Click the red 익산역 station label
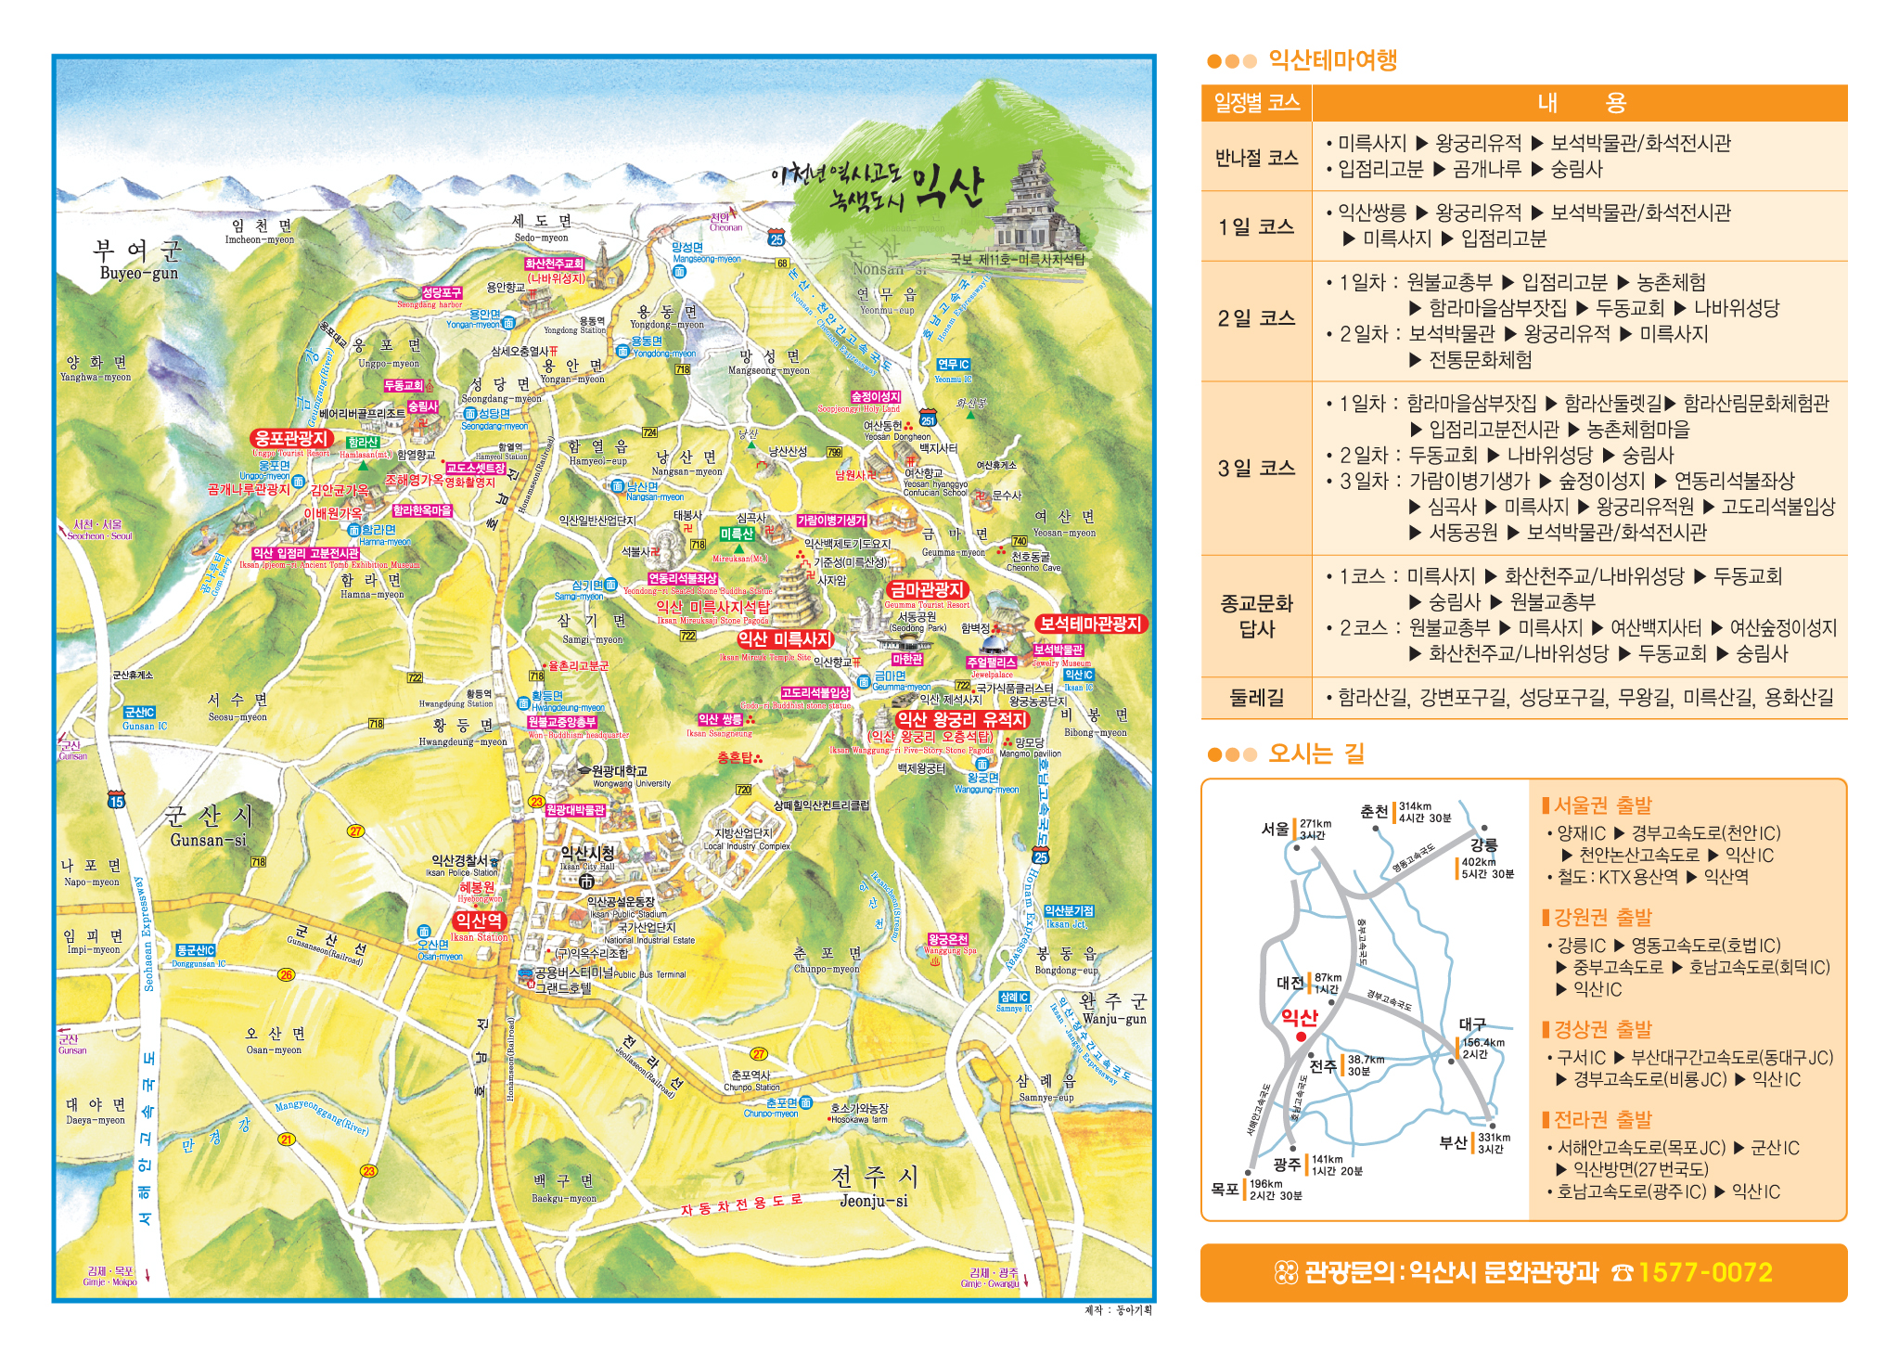[479, 921]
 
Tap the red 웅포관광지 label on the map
[291, 438]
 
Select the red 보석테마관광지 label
[1090, 624]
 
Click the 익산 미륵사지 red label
[785, 639]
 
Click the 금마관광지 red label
[927, 589]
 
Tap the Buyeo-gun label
[138, 273]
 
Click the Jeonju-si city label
[873, 1201]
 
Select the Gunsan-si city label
[208, 840]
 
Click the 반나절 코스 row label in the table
[1256, 158]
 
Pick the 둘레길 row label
[1256, 698]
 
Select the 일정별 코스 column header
[1256, 103]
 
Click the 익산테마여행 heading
[1332, 60]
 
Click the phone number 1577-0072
[1705, 1272]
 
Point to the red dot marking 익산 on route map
[1301, 1037]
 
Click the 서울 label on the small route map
[1276, 829]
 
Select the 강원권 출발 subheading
[1602, 918]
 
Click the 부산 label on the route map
[1453, 1142]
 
